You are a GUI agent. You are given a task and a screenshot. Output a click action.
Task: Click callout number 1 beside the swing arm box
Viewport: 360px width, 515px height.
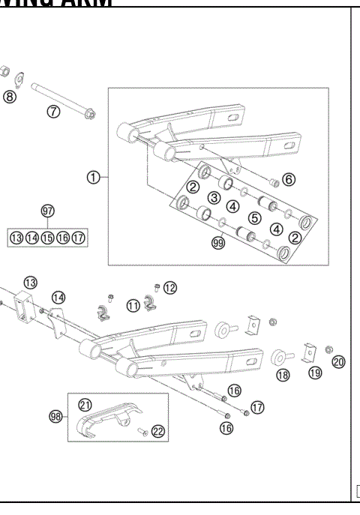point(94,177)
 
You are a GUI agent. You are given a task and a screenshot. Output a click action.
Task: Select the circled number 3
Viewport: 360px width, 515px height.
point(214,197)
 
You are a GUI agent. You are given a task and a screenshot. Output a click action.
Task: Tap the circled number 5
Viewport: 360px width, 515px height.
point(254,218)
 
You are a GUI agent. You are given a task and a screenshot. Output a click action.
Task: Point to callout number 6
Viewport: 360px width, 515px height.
point(289,179)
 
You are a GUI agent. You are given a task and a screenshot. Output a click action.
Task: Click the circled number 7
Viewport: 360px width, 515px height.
point(53,112)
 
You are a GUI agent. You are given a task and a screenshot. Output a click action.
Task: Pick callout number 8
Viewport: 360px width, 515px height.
point(9,97)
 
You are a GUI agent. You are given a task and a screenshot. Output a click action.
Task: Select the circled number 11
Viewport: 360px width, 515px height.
point(133,305)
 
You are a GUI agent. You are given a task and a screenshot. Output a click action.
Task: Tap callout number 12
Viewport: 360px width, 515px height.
point(170,287)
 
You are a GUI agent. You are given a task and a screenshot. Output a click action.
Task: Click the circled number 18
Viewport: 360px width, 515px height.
point(283,375)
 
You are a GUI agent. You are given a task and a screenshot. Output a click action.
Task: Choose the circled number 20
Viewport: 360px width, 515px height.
point(338,362)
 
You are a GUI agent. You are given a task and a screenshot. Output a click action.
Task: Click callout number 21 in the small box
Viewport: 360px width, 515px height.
point(85,405)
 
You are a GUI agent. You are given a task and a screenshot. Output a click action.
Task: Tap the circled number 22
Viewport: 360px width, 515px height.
point(157,430)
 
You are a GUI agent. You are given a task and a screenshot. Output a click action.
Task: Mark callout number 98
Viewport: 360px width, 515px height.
point(55,417)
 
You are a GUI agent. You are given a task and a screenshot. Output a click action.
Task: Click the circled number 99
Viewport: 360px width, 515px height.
point(218,244)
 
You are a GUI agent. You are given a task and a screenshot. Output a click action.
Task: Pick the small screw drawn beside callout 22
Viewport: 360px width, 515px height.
point(141,431)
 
